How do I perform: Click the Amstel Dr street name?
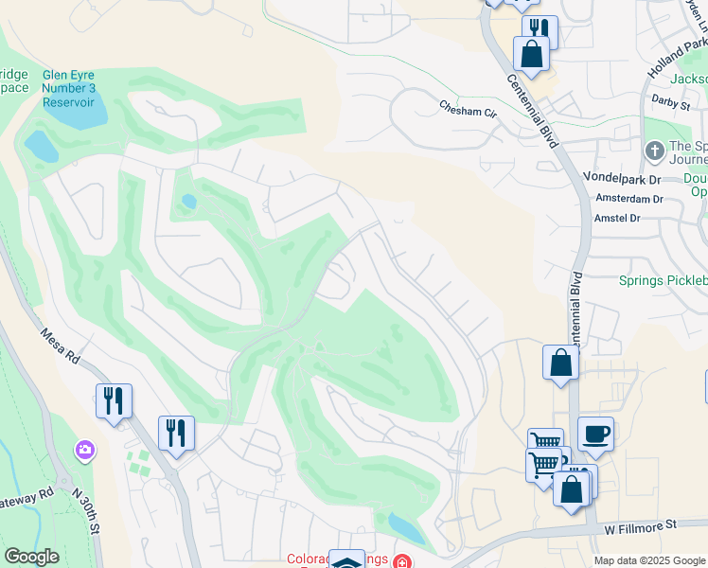pos(616,218)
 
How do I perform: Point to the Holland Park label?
pos(679,56)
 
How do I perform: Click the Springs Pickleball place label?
pos(663,280)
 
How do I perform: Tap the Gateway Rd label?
pos(28,498)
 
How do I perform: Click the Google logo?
pos(31,557)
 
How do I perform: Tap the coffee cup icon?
pos(595,434)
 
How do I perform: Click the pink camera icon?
pos(86,451)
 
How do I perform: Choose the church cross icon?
pos(654,151)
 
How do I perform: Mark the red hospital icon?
pos(403,561)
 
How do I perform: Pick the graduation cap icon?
pos(346,561)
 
